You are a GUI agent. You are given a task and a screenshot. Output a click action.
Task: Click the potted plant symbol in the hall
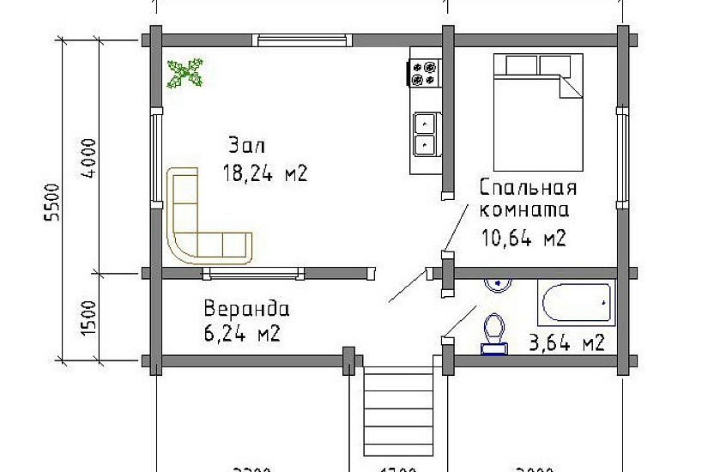coord(185,73)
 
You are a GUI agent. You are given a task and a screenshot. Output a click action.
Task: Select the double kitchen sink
coord(425,135)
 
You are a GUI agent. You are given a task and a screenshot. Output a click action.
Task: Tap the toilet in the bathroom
coord(493,333)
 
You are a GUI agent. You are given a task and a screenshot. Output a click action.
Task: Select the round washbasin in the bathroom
coord(497,282)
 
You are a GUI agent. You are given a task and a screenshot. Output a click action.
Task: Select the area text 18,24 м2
coord(264,173)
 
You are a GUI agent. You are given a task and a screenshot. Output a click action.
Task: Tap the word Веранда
coord(246,309)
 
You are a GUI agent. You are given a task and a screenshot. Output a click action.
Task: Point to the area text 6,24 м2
coord(242,334)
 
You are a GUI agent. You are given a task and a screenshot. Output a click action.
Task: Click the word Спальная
coord(528,188)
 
